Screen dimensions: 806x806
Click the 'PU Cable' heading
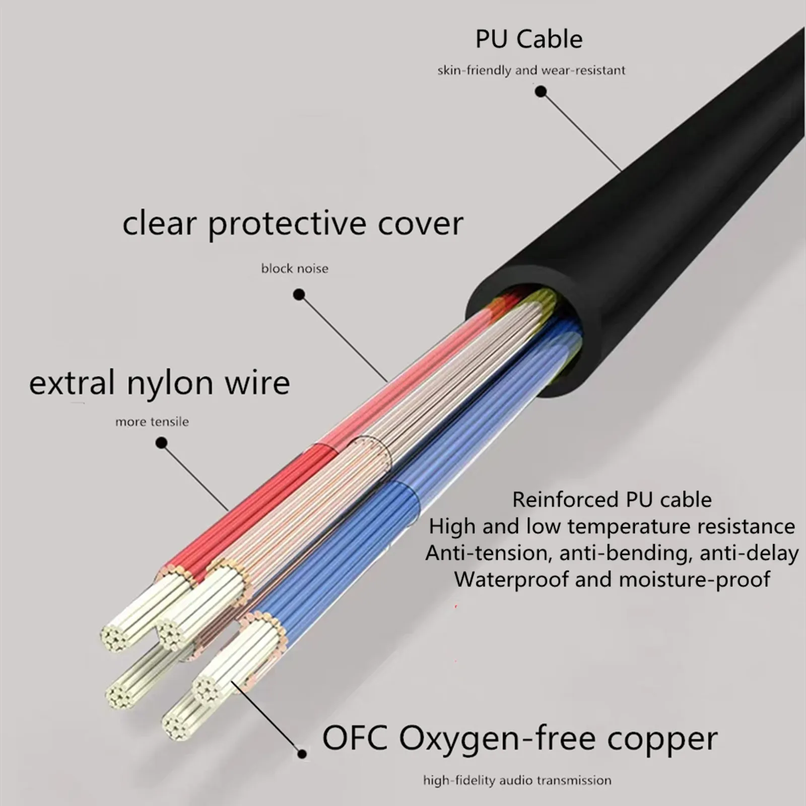529,39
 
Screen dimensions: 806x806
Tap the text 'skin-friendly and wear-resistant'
531,70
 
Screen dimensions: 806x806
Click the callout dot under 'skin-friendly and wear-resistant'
541,92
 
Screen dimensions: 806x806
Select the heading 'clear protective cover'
293,224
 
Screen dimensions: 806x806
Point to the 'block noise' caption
295,268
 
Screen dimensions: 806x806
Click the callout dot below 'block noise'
299,295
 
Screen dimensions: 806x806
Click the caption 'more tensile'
152,422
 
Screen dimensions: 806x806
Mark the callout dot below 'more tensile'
161,443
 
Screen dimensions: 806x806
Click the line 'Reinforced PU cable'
612,500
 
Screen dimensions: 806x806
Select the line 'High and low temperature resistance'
612,526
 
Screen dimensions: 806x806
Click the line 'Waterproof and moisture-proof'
612,579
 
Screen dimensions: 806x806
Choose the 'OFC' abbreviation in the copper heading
355,738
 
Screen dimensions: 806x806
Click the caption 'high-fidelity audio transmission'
517,781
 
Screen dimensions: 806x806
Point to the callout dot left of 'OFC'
302,754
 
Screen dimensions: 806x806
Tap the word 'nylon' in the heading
171,384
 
